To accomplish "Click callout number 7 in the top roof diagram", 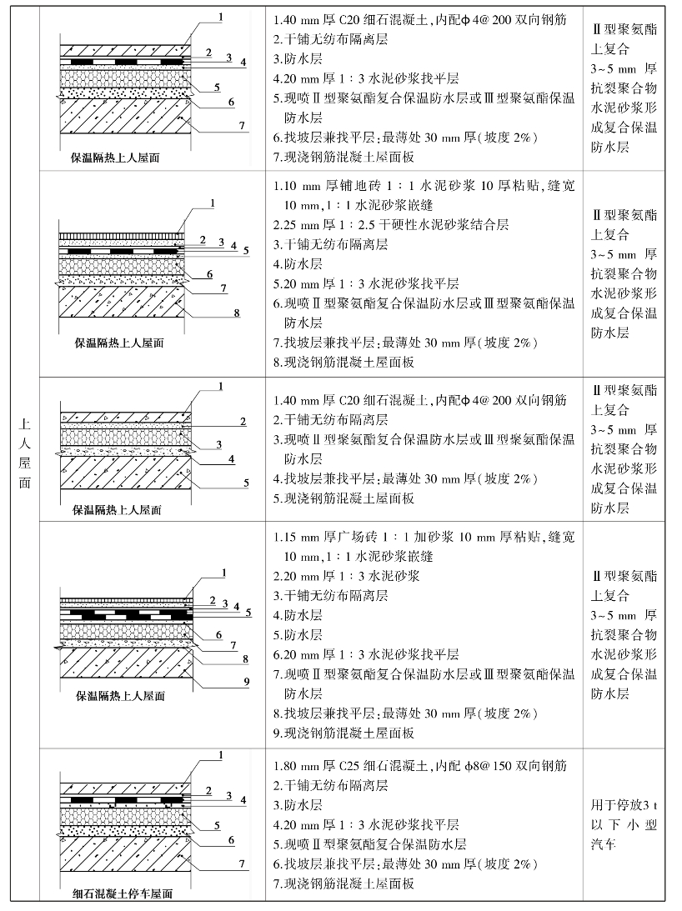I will click(241, 125).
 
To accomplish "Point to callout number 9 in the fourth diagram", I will click(246, 681).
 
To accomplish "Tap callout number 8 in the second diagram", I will click(238, 313).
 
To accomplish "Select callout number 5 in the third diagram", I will click(246, 482).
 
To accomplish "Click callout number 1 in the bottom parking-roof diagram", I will click(220, 755).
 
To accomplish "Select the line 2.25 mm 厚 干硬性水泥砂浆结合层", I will click(391, 224).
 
